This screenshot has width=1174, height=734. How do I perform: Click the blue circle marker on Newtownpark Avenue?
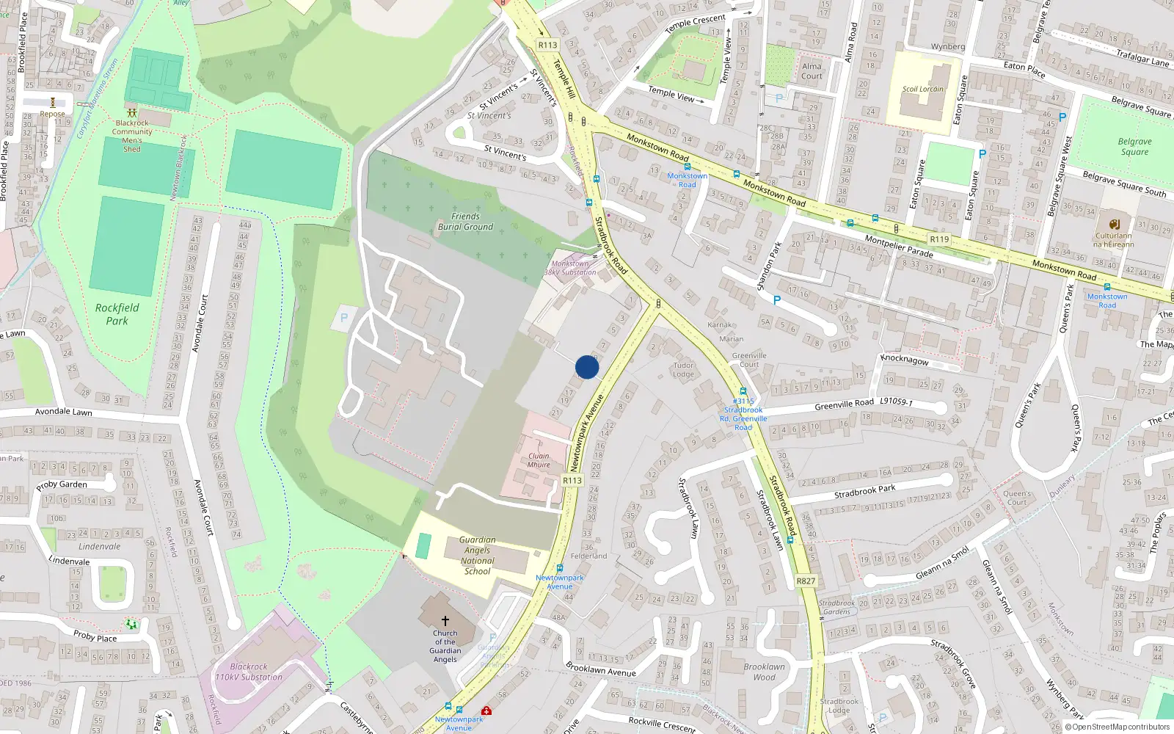[587, 367]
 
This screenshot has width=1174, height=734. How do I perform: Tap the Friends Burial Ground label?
[465, 222]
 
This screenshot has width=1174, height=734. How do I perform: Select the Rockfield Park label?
[117, 314]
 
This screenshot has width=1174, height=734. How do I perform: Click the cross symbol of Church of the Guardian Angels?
[445, 621]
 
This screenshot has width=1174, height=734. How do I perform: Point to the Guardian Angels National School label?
[477, 556]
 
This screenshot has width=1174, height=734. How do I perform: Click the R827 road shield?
[806, 581]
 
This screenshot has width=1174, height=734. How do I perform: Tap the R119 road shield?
[939, 239]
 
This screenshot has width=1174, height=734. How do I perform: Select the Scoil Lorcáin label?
[923, 89]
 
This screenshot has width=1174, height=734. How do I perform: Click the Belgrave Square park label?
[1134, 147]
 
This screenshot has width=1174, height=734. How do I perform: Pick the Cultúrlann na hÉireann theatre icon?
[1115, 224]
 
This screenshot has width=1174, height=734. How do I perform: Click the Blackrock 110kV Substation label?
[249, 672]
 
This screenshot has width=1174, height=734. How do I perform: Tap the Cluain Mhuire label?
[539, 460]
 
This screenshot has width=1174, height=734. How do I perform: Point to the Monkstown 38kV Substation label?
[570, 268]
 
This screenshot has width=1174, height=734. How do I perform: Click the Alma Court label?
[812, 70]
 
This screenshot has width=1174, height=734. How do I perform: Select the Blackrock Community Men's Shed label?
[132, 136]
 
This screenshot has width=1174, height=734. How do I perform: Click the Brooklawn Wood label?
[764, 672]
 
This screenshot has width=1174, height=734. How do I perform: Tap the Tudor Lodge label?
[683, 369]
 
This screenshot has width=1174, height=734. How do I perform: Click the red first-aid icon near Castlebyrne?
[486, 711]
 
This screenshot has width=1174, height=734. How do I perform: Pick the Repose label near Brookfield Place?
[52, 114]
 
